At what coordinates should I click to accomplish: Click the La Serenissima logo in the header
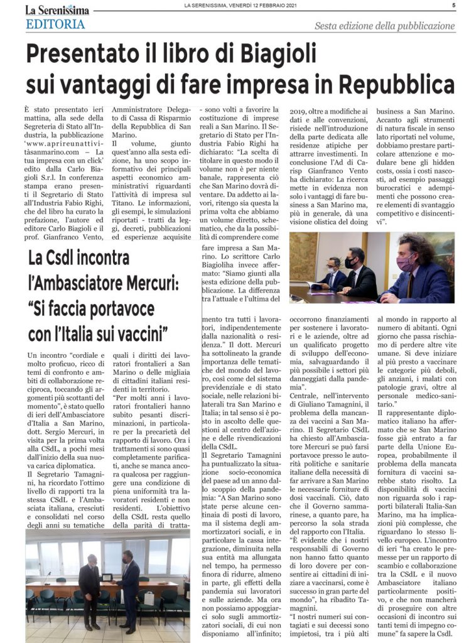click(x=57, y=10)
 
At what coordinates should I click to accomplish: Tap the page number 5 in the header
click(x=453, y=6)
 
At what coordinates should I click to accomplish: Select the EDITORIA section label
click(x=56, y=25)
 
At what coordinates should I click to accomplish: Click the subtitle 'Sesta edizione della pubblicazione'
click(x=384, y=26)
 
